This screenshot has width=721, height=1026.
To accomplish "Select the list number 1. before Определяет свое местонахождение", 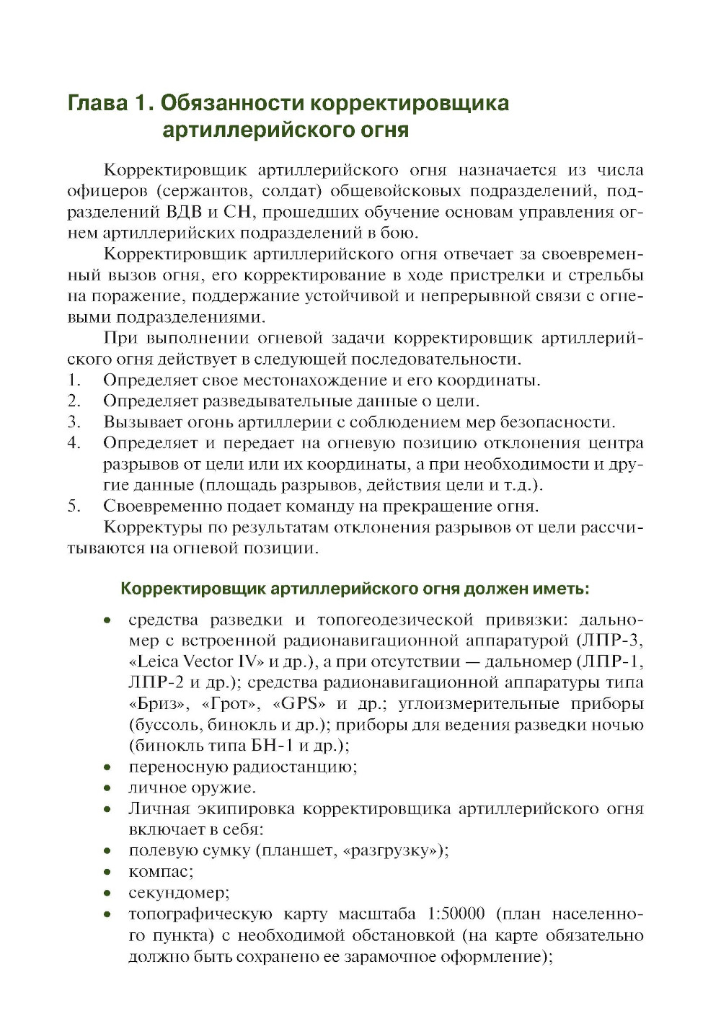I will click(x=74, y=380).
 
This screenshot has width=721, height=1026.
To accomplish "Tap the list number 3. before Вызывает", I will click(x=74, y=421).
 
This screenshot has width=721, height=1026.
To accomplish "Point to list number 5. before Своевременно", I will click(x=74, y=506).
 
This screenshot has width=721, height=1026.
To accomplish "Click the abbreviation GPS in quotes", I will click(x=299, y=703).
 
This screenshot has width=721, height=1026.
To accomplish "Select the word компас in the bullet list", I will click(x=159, y=872).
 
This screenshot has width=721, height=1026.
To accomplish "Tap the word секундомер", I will click(x=177, y=893).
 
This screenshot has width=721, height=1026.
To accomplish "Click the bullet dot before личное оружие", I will click(x=107, y=788).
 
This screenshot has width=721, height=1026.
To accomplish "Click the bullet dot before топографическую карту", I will click(x=107, y=915).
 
